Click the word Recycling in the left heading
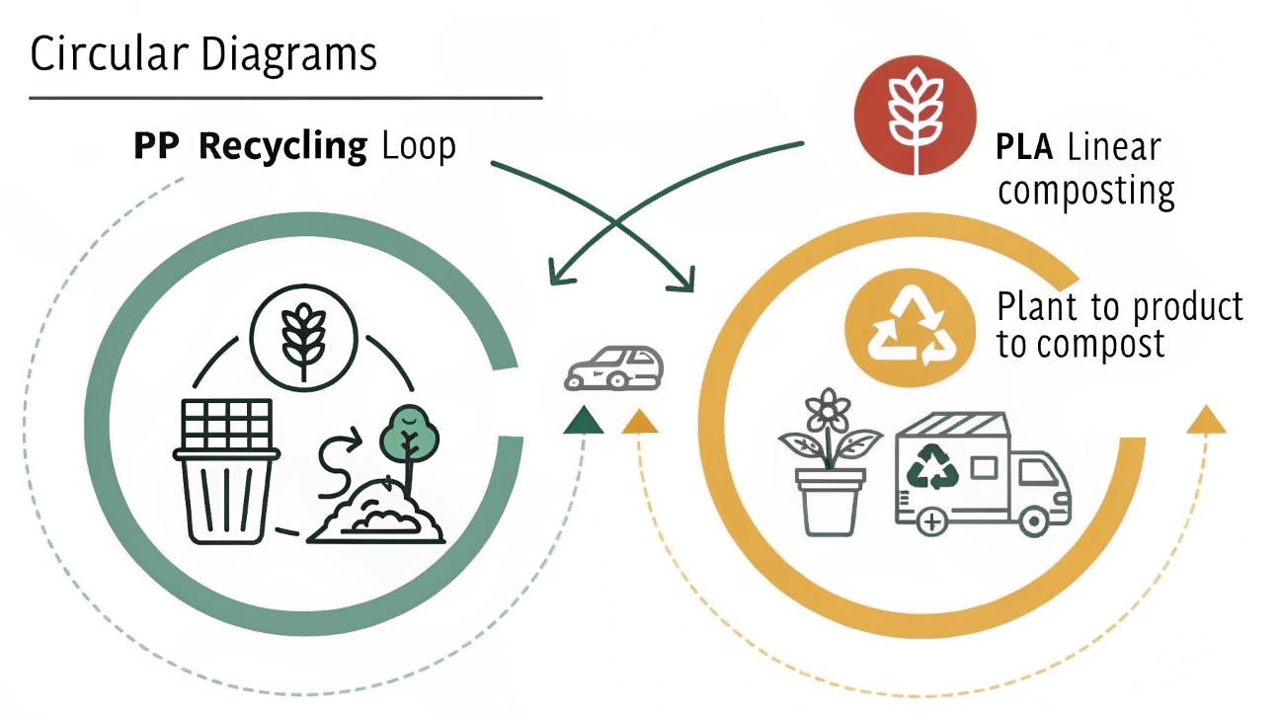[x=281, y=147]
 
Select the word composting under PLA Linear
[x=1085, y=190]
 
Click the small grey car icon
[x=614, y=367]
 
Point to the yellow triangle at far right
[x=1204, y=420]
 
